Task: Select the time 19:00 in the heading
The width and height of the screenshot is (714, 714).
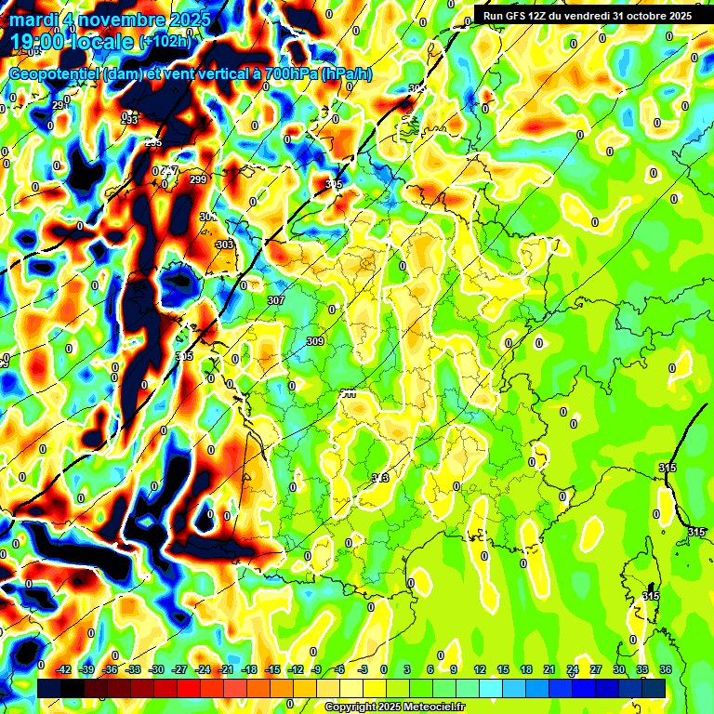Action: point(43,41)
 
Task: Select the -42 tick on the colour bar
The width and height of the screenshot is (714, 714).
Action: point(63,669)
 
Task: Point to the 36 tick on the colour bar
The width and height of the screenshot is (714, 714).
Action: point(665,669)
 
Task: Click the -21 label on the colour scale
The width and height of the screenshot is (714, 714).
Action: point(226,669)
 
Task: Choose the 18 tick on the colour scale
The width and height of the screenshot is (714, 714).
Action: point(525,669)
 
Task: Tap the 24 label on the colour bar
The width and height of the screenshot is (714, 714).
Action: point(572,669)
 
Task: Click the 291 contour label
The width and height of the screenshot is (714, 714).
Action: point(59,105)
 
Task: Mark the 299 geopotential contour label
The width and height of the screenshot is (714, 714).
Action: point(197,179)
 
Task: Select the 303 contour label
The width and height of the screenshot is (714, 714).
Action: point(224,245)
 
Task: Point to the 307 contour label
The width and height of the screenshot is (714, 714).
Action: point(275,300)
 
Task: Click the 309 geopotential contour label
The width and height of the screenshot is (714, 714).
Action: point(315,341)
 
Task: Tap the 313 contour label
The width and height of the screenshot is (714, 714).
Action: point(379,478)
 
